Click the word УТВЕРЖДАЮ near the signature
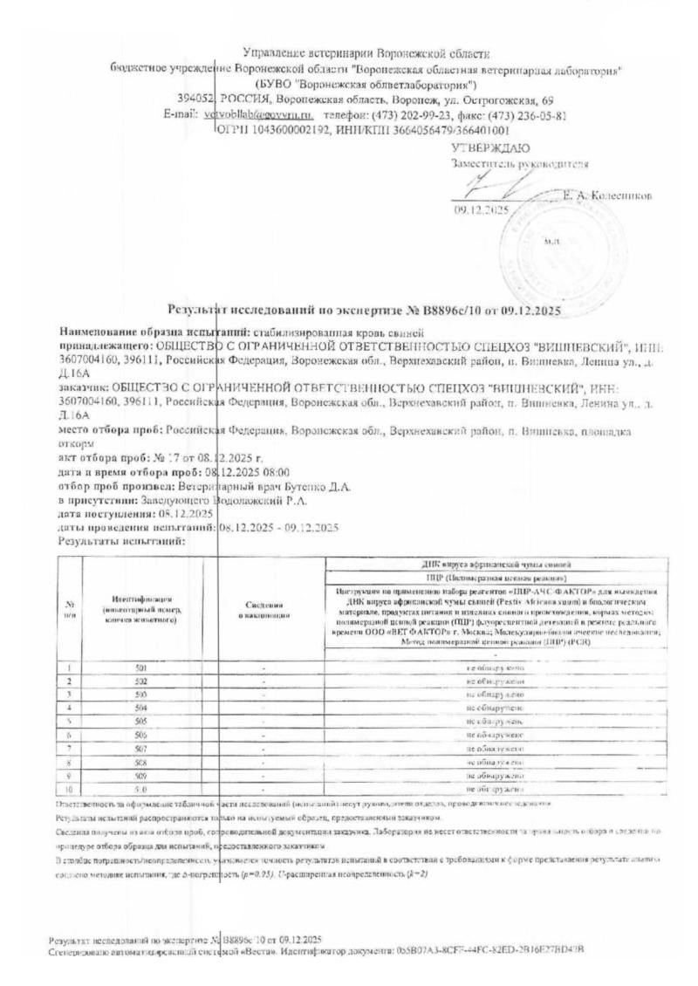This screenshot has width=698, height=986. tap(479, 147)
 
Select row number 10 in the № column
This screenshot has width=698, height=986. tap(68, 788)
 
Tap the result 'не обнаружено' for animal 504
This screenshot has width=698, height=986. tap(495, 708)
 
